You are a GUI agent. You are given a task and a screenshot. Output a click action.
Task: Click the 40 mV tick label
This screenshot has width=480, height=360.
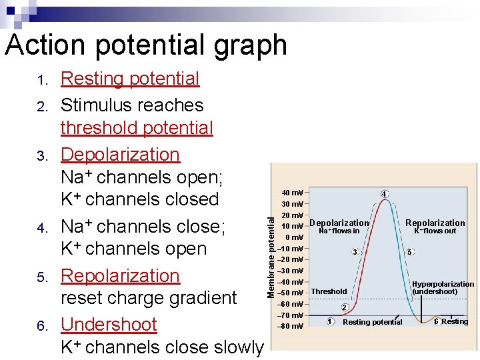[x=293, y=193]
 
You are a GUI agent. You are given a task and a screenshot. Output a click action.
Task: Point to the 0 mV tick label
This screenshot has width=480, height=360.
[x=294, y=237]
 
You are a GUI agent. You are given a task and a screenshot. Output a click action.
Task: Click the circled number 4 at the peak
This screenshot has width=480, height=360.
[x=384, y=194]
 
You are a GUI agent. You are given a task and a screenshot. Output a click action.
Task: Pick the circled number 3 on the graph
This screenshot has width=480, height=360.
[x=355, y=252]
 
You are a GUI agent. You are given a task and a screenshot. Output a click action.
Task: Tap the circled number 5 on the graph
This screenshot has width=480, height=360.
[x=410, y=252]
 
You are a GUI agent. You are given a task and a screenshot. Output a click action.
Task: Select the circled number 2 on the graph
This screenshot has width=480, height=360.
[x=344, y=307]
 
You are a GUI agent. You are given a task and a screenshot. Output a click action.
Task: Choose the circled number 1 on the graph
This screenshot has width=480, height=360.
[x=330, y=321]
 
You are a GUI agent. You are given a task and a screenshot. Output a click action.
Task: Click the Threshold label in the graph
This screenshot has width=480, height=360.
[x=329, y=291]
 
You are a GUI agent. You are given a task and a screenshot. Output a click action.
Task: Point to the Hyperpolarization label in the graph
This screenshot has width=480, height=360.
[x=443, y=284]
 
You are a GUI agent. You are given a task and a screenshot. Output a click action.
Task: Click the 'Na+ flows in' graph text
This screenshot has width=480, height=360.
[x=339, y=231]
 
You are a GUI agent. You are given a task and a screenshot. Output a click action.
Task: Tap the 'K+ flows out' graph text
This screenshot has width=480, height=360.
[x=435, y=231]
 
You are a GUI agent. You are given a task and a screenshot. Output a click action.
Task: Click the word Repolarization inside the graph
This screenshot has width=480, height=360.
[x=435, y=223]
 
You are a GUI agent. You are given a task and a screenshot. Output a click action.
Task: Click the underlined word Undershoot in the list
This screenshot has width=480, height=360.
[x=109, y=325]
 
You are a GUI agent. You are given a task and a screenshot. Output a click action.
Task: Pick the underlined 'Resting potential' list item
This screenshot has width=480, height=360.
[x=130, y=79]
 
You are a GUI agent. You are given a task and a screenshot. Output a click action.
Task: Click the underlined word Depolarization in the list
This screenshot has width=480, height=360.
[x=120, y=155]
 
